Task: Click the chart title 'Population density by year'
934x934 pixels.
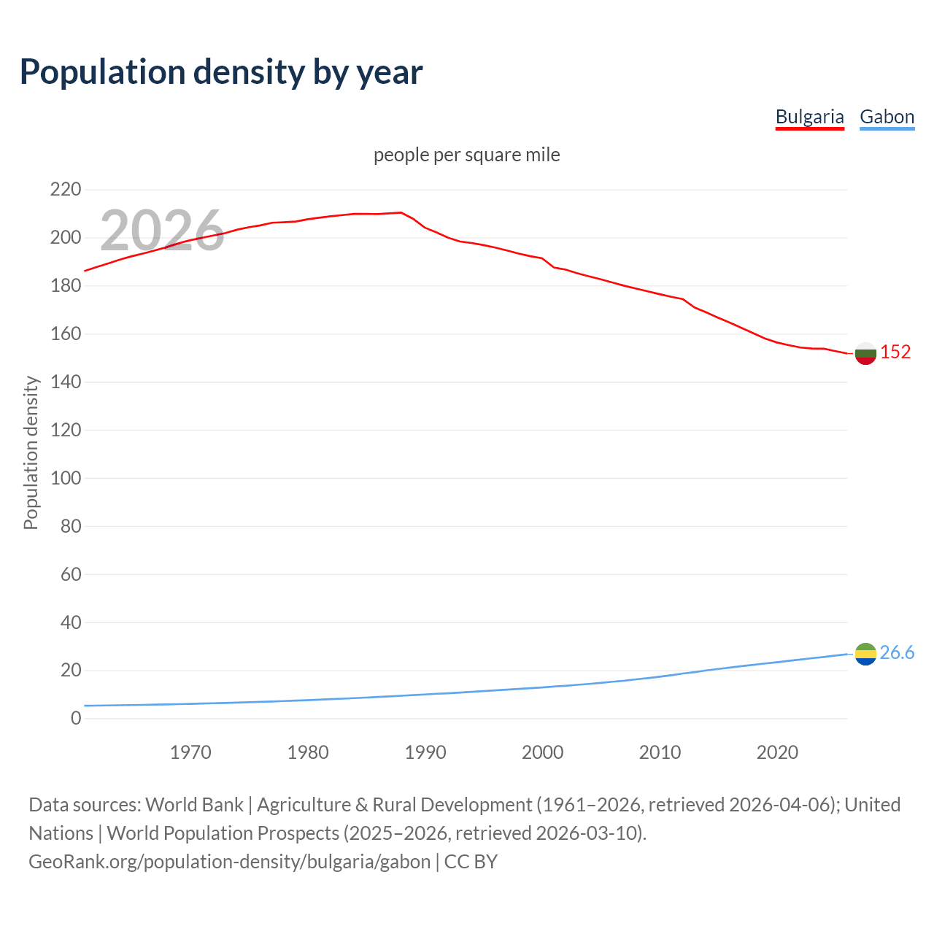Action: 221,72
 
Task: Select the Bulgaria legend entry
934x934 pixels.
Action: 809,117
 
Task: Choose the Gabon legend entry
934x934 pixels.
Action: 887,117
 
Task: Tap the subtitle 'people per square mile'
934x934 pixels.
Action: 467,155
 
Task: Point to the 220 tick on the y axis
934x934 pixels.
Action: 66,190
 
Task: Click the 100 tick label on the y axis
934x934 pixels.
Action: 66,479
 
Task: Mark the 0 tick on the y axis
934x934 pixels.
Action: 76,719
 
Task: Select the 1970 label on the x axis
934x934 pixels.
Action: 190,752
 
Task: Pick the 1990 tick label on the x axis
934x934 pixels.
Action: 425,752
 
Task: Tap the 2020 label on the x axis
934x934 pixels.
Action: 777,752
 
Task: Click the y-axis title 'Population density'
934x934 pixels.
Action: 31,452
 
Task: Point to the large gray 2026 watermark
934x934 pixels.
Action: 162,231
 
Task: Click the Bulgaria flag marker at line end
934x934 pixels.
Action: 865,353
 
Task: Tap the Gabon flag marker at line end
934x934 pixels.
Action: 865,654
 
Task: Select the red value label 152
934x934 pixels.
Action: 895,352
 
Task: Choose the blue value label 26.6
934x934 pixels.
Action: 897,653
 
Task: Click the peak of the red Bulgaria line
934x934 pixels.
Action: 401,212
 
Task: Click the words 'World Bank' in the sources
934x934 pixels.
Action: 194,805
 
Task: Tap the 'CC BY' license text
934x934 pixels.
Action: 471,862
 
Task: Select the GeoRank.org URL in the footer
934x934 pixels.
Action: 229,862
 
